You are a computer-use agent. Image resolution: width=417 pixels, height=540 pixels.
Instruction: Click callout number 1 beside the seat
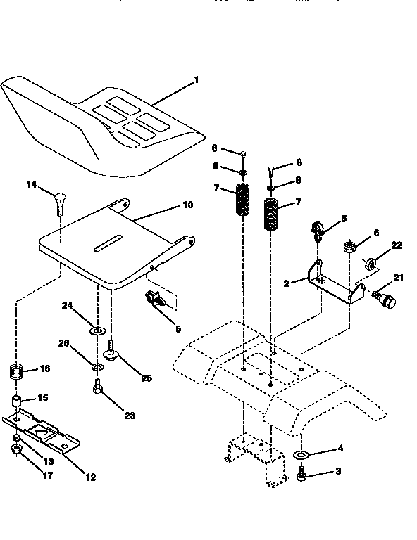pos(197,80)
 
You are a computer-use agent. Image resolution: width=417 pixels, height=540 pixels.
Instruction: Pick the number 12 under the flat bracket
pos(90,477)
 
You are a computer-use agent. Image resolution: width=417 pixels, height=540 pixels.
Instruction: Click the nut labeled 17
pos(17,450)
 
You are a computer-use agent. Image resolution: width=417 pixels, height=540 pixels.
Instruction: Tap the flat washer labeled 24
pos(97,330)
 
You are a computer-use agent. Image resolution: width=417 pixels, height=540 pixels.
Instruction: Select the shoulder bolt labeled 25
pos(111,347)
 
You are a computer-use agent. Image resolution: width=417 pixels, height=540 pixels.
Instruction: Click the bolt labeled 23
pos(97,386)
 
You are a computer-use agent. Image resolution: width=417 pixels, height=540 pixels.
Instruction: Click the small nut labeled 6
pos(349,247)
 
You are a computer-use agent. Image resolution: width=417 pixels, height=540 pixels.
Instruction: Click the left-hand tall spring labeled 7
pos(242,201)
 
